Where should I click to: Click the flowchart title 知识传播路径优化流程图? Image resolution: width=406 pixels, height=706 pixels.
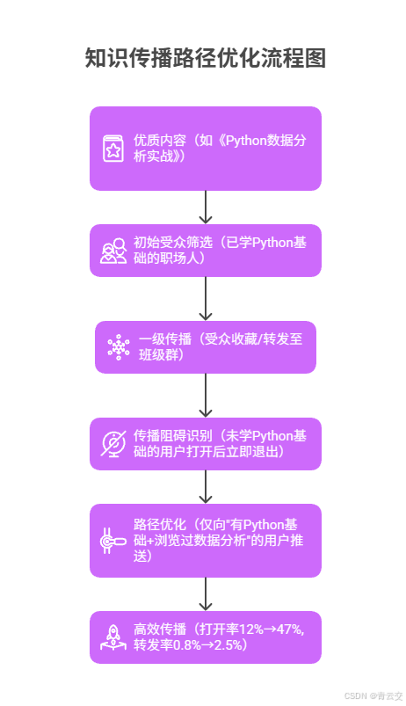point(205,59)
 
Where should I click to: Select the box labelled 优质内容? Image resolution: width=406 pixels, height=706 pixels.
point(205,148)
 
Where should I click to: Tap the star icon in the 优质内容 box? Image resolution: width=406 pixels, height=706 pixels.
point(113,149)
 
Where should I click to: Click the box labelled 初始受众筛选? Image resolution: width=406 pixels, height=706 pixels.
point(205,251)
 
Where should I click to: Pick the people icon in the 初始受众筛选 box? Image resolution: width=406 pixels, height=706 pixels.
point(113,251)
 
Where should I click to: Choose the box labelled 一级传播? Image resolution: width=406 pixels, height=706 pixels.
point(205,346)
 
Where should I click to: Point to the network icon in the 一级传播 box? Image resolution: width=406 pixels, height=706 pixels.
point(118,346)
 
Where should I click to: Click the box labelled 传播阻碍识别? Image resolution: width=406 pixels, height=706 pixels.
point(205,443)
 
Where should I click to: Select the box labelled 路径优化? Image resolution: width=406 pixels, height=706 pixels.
point(205,540)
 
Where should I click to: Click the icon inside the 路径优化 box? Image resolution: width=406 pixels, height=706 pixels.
point(113,542)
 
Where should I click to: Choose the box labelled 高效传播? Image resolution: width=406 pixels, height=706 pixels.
point(205,637)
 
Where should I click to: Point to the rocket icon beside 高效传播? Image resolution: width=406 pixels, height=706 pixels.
point(113,637)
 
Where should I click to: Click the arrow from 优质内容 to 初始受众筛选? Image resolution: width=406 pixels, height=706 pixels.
point(206,207)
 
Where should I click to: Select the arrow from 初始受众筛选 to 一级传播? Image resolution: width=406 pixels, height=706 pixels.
point(206,299)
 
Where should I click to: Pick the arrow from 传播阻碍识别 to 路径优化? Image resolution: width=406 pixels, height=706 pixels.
point(206,487)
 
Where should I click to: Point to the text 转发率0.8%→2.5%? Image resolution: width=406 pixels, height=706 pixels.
point(190,645)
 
